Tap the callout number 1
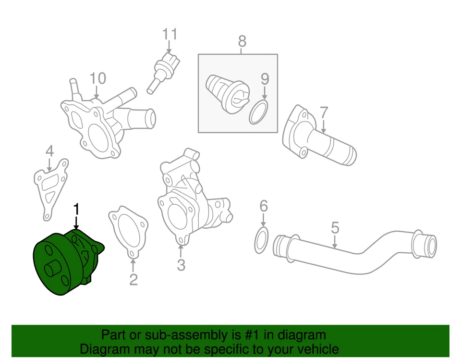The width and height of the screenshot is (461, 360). (x=76, y=210)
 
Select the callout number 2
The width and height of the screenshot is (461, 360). (x=133, y=279)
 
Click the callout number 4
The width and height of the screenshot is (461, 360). (x=50, y=151)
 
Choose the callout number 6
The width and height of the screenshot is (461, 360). (x=263, y=206)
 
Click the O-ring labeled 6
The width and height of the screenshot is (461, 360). (x=260, y=240)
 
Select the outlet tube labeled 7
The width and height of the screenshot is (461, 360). (x=319, y=139)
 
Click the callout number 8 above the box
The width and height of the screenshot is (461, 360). (x=242, y=41)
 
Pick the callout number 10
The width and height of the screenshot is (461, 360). (x=97, y=78)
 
